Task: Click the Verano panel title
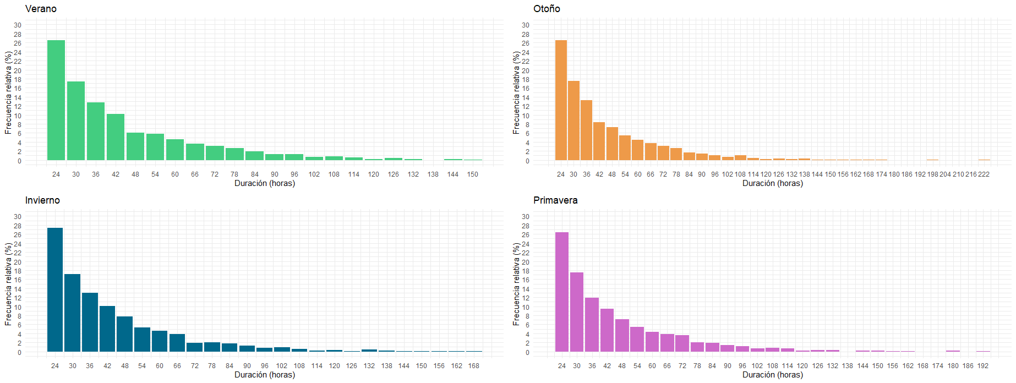click(41, 9)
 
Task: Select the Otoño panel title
click(547, 9)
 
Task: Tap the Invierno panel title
click(42, 200)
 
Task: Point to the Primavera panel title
click(555, 200)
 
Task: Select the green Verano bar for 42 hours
click(116, 137)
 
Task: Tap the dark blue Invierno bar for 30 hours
click(72, 313)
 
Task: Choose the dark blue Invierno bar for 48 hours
click(124, 334)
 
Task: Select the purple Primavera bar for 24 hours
click(562, 292)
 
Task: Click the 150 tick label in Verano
click(473, 174)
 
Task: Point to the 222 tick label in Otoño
click(984, 174)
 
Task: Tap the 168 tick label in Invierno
click(474, 366)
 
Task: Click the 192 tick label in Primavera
click(983, 366)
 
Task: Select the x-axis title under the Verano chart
click(265, 183)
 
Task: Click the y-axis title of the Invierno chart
click(8, 284)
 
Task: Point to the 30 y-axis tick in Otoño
click(526, 25)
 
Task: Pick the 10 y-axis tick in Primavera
click(526, 308)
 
